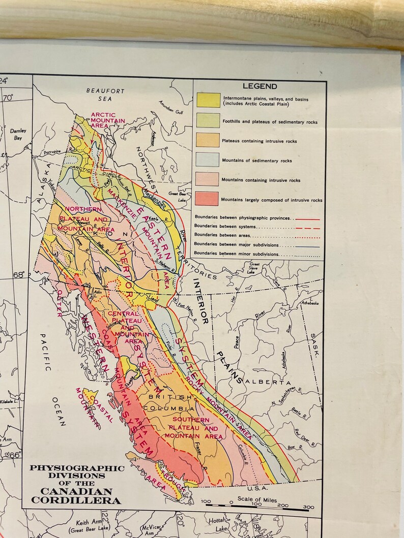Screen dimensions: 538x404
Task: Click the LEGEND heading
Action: pyautogui.click(x=259, y=86)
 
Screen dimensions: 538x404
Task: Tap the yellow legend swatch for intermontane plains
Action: pyautogui.click(x=208, y=101)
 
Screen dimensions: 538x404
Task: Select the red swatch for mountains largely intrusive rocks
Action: pyautogui.click(x=208, y=199)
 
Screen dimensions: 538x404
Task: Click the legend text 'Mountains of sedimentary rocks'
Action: pyautogui.click(x=256, y=161)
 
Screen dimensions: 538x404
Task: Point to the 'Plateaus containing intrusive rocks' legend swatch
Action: pyautogui.click(x=208, y=140)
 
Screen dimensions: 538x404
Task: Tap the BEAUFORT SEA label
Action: pyautogui.click(x=105, y=94)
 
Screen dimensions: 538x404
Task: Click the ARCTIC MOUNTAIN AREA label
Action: pyautogui.click(x=103, y=120)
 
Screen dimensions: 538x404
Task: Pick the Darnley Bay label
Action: pyautogui.click(x=18, y=134)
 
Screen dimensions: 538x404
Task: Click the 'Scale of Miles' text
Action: pyautogui.click(x=257, y=500)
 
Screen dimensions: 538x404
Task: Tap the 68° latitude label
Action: pyautogui.click(x=18, y=275)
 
